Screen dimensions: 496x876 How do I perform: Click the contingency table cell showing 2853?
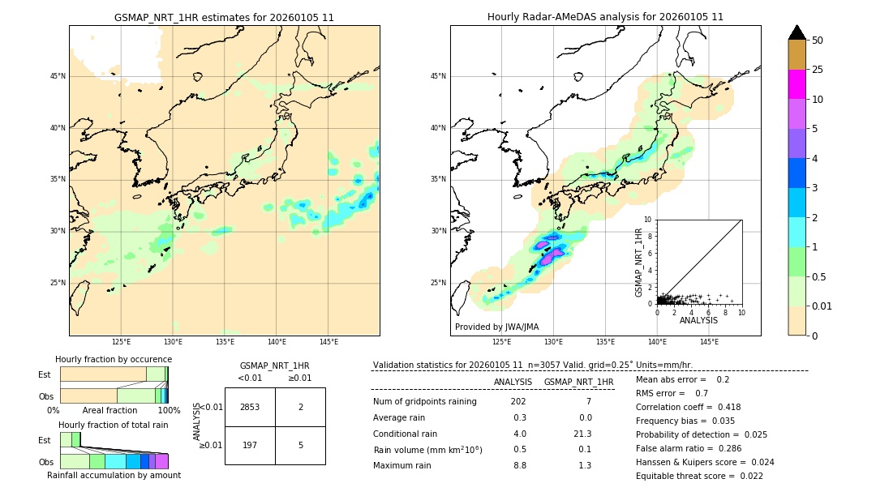point(250,407)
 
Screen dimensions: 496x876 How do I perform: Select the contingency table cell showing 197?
point(250,445)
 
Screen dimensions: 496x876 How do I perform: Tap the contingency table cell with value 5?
point(300,445)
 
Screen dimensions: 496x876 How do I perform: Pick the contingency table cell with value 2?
point(300,407)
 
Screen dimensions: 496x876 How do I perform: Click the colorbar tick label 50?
point(818,41)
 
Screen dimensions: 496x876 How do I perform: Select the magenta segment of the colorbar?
point(797,84)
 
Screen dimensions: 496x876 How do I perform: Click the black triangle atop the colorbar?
point(797,32)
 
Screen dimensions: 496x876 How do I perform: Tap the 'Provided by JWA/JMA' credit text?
point(496,327)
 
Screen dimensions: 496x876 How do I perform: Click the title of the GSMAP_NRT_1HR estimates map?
point(224,17)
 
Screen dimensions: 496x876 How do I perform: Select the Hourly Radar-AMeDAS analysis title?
point(605,17)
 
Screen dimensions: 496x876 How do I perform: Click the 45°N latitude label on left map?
point(58,76)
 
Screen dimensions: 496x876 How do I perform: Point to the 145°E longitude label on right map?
point(709,342)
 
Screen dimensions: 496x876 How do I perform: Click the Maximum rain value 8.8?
point(519,465)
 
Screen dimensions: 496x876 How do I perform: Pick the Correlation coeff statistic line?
point(688,407)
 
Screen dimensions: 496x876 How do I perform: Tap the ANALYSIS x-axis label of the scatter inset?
point(698,320)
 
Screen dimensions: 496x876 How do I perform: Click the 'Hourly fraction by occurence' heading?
point(114,359)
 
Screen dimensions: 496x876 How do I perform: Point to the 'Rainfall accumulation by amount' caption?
point(114,475)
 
